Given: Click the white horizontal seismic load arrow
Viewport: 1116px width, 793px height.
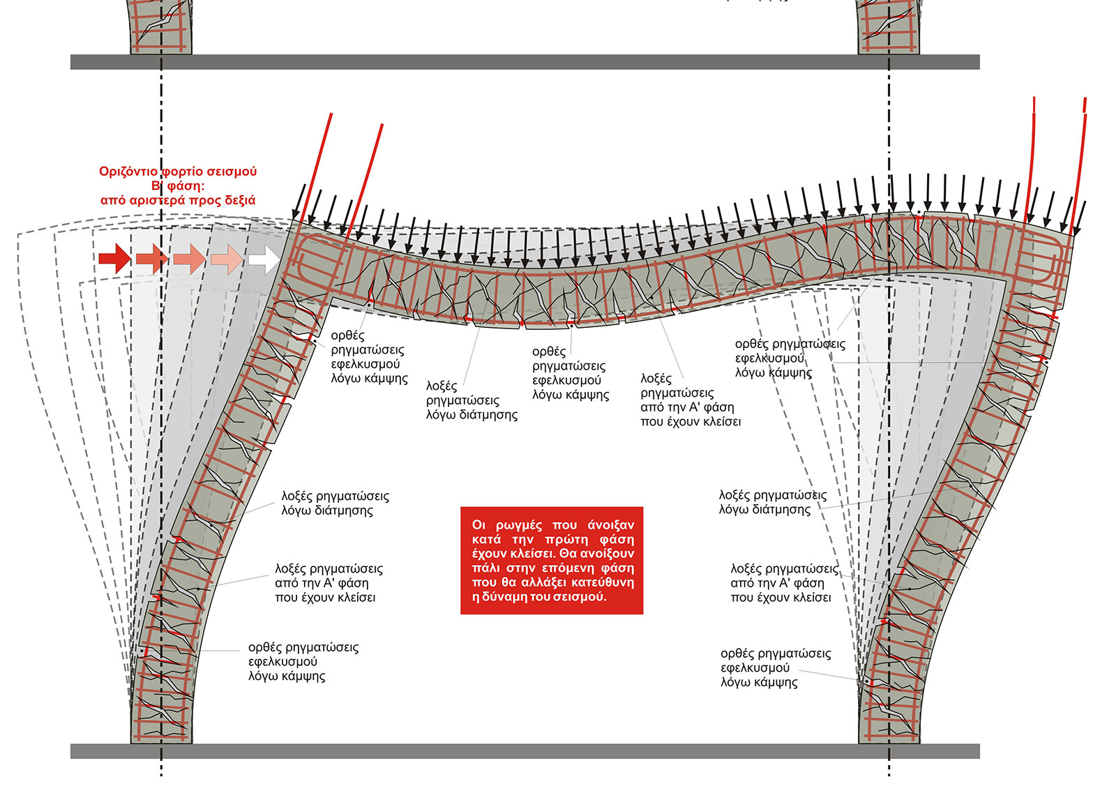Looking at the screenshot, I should tap(262, 259).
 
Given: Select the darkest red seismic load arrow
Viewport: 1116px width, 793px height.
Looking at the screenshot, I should tap(114, 259).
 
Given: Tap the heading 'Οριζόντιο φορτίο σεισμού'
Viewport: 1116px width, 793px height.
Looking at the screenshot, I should tap(178, 172).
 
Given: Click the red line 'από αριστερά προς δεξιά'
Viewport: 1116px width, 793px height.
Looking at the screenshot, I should tap(178, 200).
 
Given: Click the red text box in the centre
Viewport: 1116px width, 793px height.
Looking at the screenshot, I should tap(551, 560).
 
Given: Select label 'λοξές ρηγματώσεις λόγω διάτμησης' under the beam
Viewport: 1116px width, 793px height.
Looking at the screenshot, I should tap(472, 400).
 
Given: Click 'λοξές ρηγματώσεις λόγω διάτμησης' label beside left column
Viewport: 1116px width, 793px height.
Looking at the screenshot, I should tap(335, 503).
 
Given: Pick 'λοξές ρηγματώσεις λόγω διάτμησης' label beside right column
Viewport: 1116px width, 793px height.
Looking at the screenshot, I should tap(772, 502).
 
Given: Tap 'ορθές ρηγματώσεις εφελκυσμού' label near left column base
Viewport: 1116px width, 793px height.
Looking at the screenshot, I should tap(303, 661).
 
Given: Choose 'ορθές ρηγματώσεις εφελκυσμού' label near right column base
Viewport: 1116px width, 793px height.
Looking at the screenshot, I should tap(776, 667).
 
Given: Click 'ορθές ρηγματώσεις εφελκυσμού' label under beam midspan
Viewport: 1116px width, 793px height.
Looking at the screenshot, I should tap(569, 373).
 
